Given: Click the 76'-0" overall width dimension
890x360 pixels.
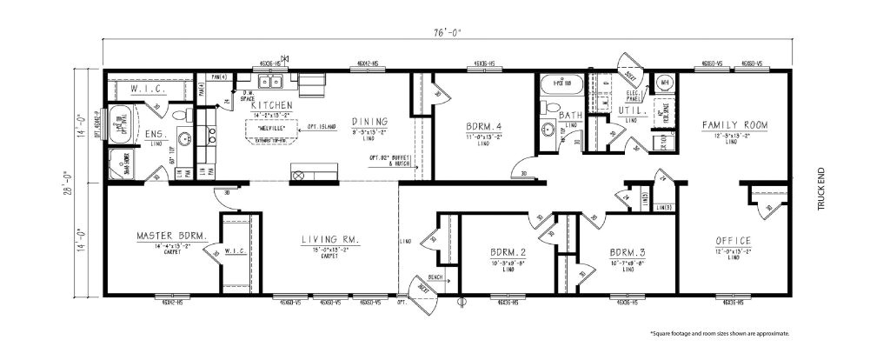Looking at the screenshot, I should (448, 34).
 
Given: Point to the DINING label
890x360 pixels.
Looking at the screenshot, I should (369, 121).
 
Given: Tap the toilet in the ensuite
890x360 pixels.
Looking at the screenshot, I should (181, 115).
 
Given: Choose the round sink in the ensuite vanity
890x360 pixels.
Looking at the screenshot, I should (183, 137).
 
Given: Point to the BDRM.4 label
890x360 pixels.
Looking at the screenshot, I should (484, 127).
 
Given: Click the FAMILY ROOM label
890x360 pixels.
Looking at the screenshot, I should (735, 125).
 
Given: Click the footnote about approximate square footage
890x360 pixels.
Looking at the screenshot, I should (720, 333).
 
